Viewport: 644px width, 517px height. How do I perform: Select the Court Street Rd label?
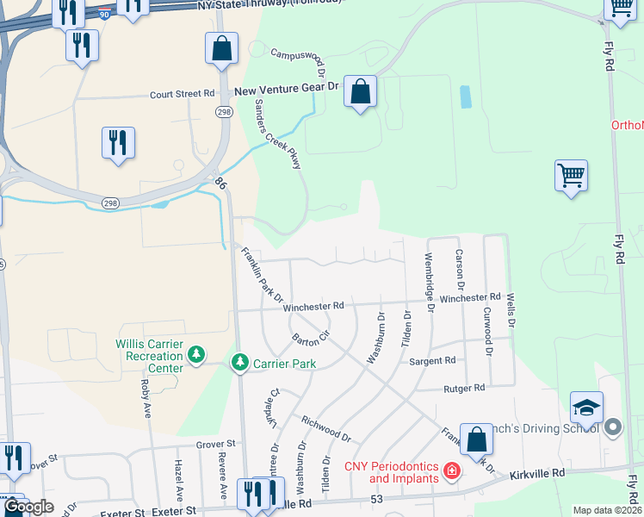point(182,94)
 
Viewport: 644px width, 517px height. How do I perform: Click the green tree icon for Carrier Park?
point(240,363)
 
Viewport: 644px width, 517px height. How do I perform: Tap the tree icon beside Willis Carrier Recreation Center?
point(197,354)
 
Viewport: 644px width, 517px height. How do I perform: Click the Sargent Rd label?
point(431,363)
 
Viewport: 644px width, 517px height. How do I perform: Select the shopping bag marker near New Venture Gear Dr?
point(360,90)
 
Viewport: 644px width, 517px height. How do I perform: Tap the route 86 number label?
point(220,183)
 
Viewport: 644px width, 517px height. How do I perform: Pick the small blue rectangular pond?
point(466,97)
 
